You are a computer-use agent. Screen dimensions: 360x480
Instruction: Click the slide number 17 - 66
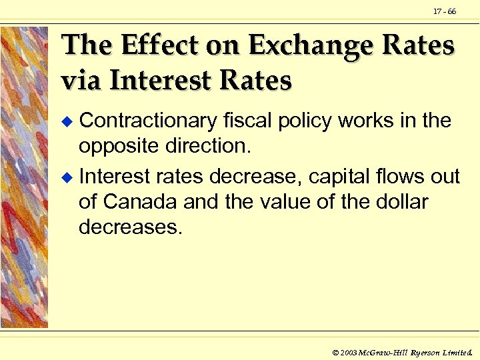(x=445, y=12)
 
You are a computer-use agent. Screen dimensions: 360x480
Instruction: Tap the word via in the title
(x=82, y=80)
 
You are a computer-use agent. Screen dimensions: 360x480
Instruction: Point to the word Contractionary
(x=148, y=121)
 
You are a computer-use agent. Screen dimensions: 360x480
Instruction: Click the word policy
(x=312, y=121)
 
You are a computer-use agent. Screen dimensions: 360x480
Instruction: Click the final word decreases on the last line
(x=130, y=227)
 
